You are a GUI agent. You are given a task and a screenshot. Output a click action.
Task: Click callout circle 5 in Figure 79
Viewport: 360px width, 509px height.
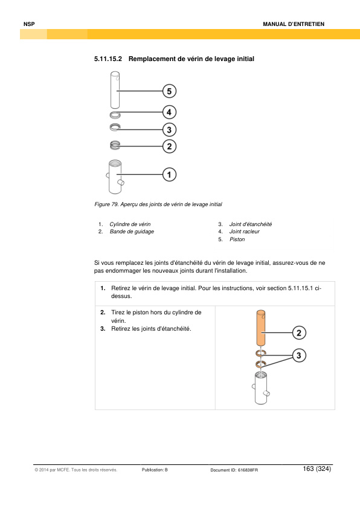point(169,91)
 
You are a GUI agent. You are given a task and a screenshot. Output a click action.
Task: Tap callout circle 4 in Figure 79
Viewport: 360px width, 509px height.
point(169,112)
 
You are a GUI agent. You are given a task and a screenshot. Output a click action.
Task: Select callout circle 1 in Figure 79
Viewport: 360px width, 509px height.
point(169,175)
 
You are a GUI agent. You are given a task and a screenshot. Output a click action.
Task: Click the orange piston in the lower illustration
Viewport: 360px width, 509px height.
point(261,328)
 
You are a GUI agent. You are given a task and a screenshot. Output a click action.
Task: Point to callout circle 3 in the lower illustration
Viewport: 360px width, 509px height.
point(299,355)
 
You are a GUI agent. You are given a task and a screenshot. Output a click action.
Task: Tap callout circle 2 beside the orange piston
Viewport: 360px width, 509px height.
point(299,332)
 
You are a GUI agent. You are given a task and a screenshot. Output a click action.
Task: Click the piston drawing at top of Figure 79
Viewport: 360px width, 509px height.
point(115,90)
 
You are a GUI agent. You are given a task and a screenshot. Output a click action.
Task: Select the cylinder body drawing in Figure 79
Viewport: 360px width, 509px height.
point(115,177)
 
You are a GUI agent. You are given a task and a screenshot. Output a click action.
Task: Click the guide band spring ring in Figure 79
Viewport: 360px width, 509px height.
point(115,146)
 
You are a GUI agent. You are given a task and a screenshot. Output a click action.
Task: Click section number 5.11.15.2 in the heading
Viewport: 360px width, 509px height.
point(108,59)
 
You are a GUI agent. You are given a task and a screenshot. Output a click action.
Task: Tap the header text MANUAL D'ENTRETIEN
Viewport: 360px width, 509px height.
point(294,24)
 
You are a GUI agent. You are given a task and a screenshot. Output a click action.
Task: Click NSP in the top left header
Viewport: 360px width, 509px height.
point(29,24)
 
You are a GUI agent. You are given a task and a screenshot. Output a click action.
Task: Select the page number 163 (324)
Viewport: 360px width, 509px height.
point(317,468)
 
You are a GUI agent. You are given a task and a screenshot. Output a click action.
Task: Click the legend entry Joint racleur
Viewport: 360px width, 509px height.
point(244,232)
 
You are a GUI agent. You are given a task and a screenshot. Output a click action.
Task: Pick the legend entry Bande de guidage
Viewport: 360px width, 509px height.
point(132,232)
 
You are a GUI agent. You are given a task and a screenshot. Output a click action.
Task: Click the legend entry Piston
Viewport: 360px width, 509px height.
point(237,239)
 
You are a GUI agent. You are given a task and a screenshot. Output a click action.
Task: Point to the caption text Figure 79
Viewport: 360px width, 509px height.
point(106,204)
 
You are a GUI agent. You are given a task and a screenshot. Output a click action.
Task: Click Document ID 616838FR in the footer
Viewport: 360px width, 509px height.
point(234,470)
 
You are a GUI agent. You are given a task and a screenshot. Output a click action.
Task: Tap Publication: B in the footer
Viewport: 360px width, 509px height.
point(155,470)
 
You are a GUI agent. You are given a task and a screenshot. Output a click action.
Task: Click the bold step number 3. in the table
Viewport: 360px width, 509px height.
point(103,328)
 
